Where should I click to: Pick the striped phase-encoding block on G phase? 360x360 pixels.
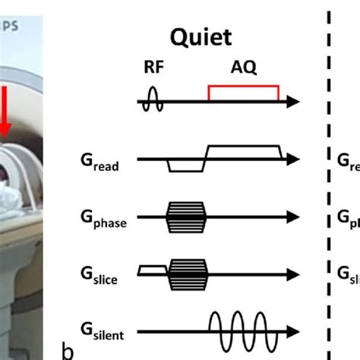coord(186,216)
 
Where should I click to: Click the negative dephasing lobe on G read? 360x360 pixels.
coord(182,166)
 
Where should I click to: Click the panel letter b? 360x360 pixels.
coord(68,351)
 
